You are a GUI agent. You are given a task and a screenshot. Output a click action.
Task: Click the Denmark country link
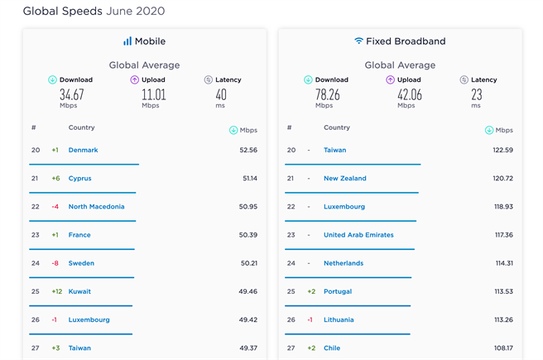[83, 150]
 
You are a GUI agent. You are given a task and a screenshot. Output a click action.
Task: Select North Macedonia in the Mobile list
[96, 207]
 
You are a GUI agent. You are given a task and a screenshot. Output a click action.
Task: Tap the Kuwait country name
[79, 291]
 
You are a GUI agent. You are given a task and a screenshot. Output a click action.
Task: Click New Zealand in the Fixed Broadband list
[344, 179]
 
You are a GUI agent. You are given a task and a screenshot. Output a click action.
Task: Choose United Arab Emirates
[358, 235]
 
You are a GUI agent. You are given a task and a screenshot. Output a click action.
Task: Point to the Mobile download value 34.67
[71, 94]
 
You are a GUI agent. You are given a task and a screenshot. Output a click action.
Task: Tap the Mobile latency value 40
[221, 94]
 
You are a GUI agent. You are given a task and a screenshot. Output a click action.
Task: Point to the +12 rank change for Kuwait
[56, 291]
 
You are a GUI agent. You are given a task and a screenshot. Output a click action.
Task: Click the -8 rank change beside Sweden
[55, 263]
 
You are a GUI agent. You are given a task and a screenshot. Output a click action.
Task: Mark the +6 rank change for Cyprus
[55, 179]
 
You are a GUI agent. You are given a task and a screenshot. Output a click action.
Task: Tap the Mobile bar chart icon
[127, 41]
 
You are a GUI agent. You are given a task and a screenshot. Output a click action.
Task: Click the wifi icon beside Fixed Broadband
[358, 41]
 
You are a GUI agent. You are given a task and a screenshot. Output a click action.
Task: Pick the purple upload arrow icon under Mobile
[135, 80]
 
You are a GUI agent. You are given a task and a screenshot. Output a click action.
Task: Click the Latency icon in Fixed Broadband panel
[464, 80]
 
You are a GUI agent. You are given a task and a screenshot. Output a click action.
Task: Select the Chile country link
[332, 348]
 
